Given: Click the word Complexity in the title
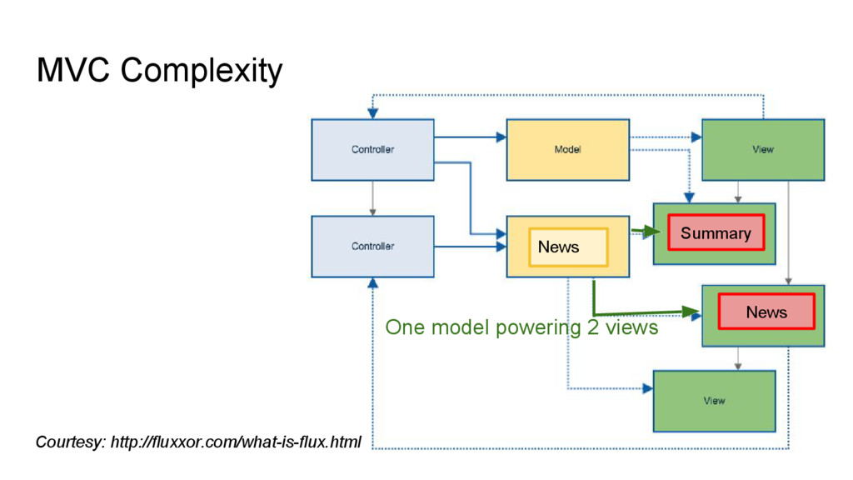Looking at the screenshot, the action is coord(202,72).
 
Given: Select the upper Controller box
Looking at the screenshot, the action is coord(372,150).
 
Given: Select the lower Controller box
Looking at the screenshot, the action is coord(372,247).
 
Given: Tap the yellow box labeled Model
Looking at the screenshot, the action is coord(568,150).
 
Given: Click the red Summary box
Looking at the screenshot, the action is coord(716,233).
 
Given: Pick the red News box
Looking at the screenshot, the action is coord(766,312).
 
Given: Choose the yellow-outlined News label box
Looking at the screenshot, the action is coord(568,247).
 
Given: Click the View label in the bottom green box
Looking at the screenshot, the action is coord(714,401).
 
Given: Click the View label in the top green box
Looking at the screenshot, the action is coord(763,150).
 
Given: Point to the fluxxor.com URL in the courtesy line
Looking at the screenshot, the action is coord(236,442).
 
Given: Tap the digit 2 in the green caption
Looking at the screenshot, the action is coord(592,327).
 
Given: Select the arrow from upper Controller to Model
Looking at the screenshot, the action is coord(470,137).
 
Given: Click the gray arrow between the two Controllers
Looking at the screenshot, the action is coord(372,198).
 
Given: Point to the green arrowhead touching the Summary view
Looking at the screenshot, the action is coord(651,232).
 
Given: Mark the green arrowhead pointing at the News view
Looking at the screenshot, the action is coord(691,312).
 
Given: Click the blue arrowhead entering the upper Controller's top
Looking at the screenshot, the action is coord(372,113).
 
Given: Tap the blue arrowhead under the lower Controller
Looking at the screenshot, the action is coord(372,283).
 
